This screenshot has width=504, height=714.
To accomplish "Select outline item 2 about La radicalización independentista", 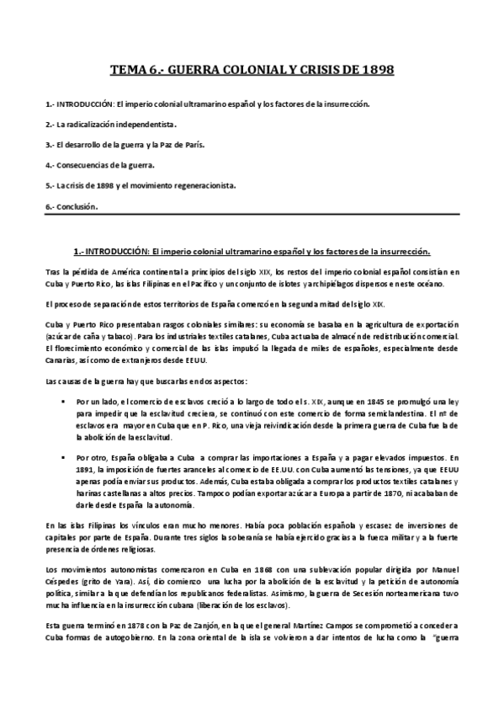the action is pos(110,124).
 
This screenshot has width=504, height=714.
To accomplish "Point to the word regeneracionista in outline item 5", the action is pos(203,185).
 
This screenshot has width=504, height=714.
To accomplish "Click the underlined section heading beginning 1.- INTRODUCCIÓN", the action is pos(252,252).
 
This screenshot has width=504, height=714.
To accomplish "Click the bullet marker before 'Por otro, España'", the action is pos(64,455).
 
